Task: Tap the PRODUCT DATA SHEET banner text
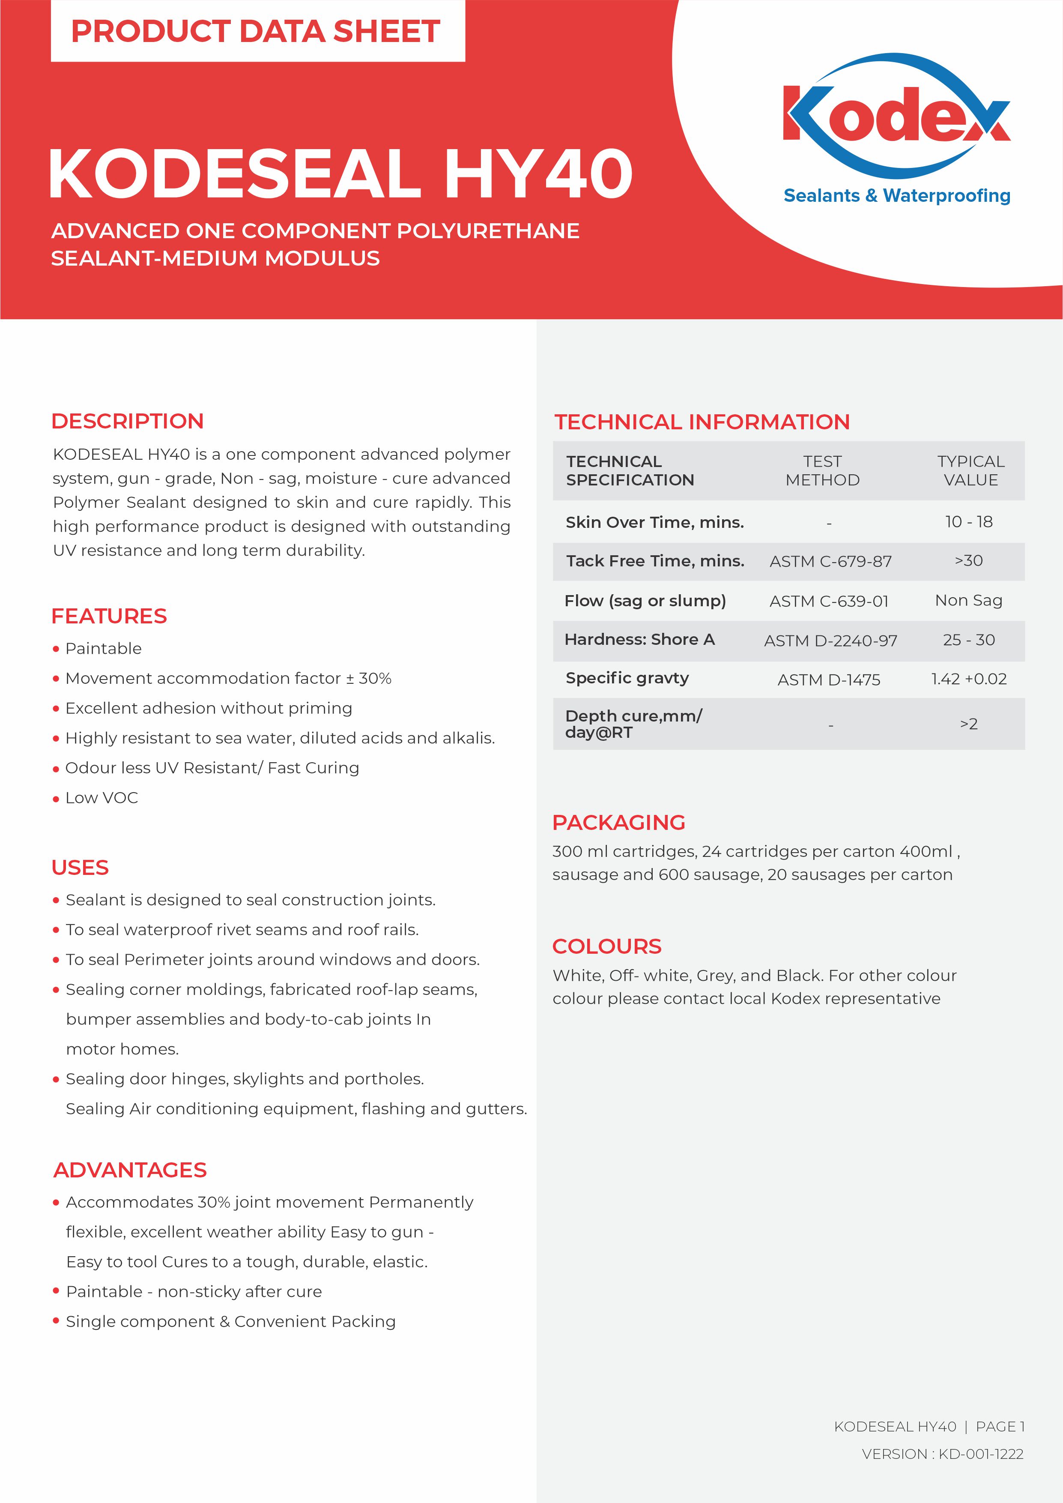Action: [255, 31]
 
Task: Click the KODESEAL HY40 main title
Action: [340, 174]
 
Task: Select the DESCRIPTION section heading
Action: [128, 421]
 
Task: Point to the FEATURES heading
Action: [109, 616]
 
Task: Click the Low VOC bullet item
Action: [102, 798]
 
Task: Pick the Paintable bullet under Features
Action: [103, 649]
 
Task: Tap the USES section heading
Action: [80, 867]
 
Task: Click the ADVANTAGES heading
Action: [130, 1170]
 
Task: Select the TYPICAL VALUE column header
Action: [971, 471]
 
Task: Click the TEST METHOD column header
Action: [822, 471]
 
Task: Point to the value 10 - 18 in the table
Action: [969, 522]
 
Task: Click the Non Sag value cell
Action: [969, 600]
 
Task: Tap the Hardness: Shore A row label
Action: [639, 640]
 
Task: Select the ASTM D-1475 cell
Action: [829, 680]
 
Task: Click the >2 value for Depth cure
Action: [969, 724]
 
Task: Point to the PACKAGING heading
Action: [618, 822]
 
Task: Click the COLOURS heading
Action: [607, 946]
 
